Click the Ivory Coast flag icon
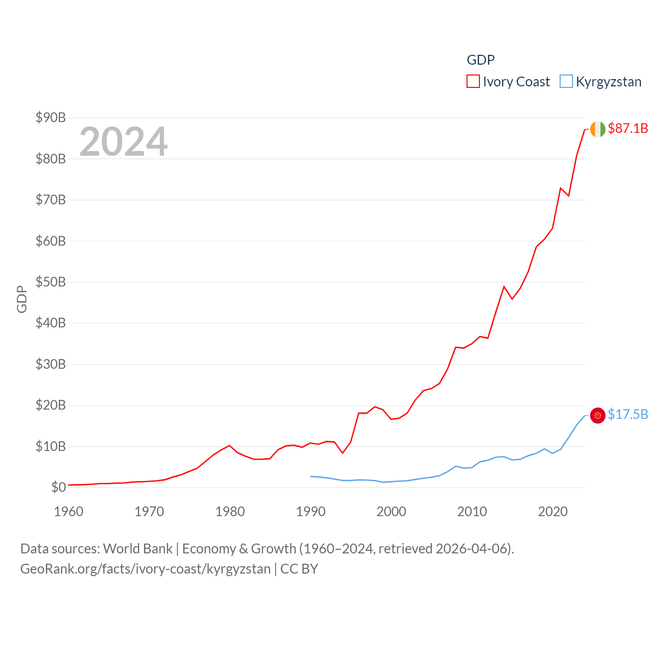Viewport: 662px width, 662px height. point(597,129)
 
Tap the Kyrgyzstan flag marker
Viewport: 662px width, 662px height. point(597,415)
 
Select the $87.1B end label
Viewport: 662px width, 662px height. point(628,128)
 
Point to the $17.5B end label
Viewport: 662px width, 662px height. point(628,414)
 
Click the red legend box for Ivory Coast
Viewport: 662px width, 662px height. point(473,82)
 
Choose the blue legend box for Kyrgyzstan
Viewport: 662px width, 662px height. point(566,82)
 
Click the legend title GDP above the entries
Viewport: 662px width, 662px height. point(480,60)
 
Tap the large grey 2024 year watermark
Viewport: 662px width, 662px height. point(123,142)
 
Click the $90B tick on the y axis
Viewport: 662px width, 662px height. point(51,117)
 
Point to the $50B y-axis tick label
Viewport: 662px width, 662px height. point(51,282)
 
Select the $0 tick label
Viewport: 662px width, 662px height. point(58,487)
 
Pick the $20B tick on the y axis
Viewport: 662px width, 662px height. point(51,405)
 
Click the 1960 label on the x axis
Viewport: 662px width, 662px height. point(69,511)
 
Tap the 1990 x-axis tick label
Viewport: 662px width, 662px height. point(311,511)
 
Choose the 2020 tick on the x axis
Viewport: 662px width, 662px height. point(553,511)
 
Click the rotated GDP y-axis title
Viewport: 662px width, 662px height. point(22,299)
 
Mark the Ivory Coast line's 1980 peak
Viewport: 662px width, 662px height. point(230,445)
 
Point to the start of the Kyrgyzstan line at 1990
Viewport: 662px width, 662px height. point(311,476)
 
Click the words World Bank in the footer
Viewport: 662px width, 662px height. point(138,549)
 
